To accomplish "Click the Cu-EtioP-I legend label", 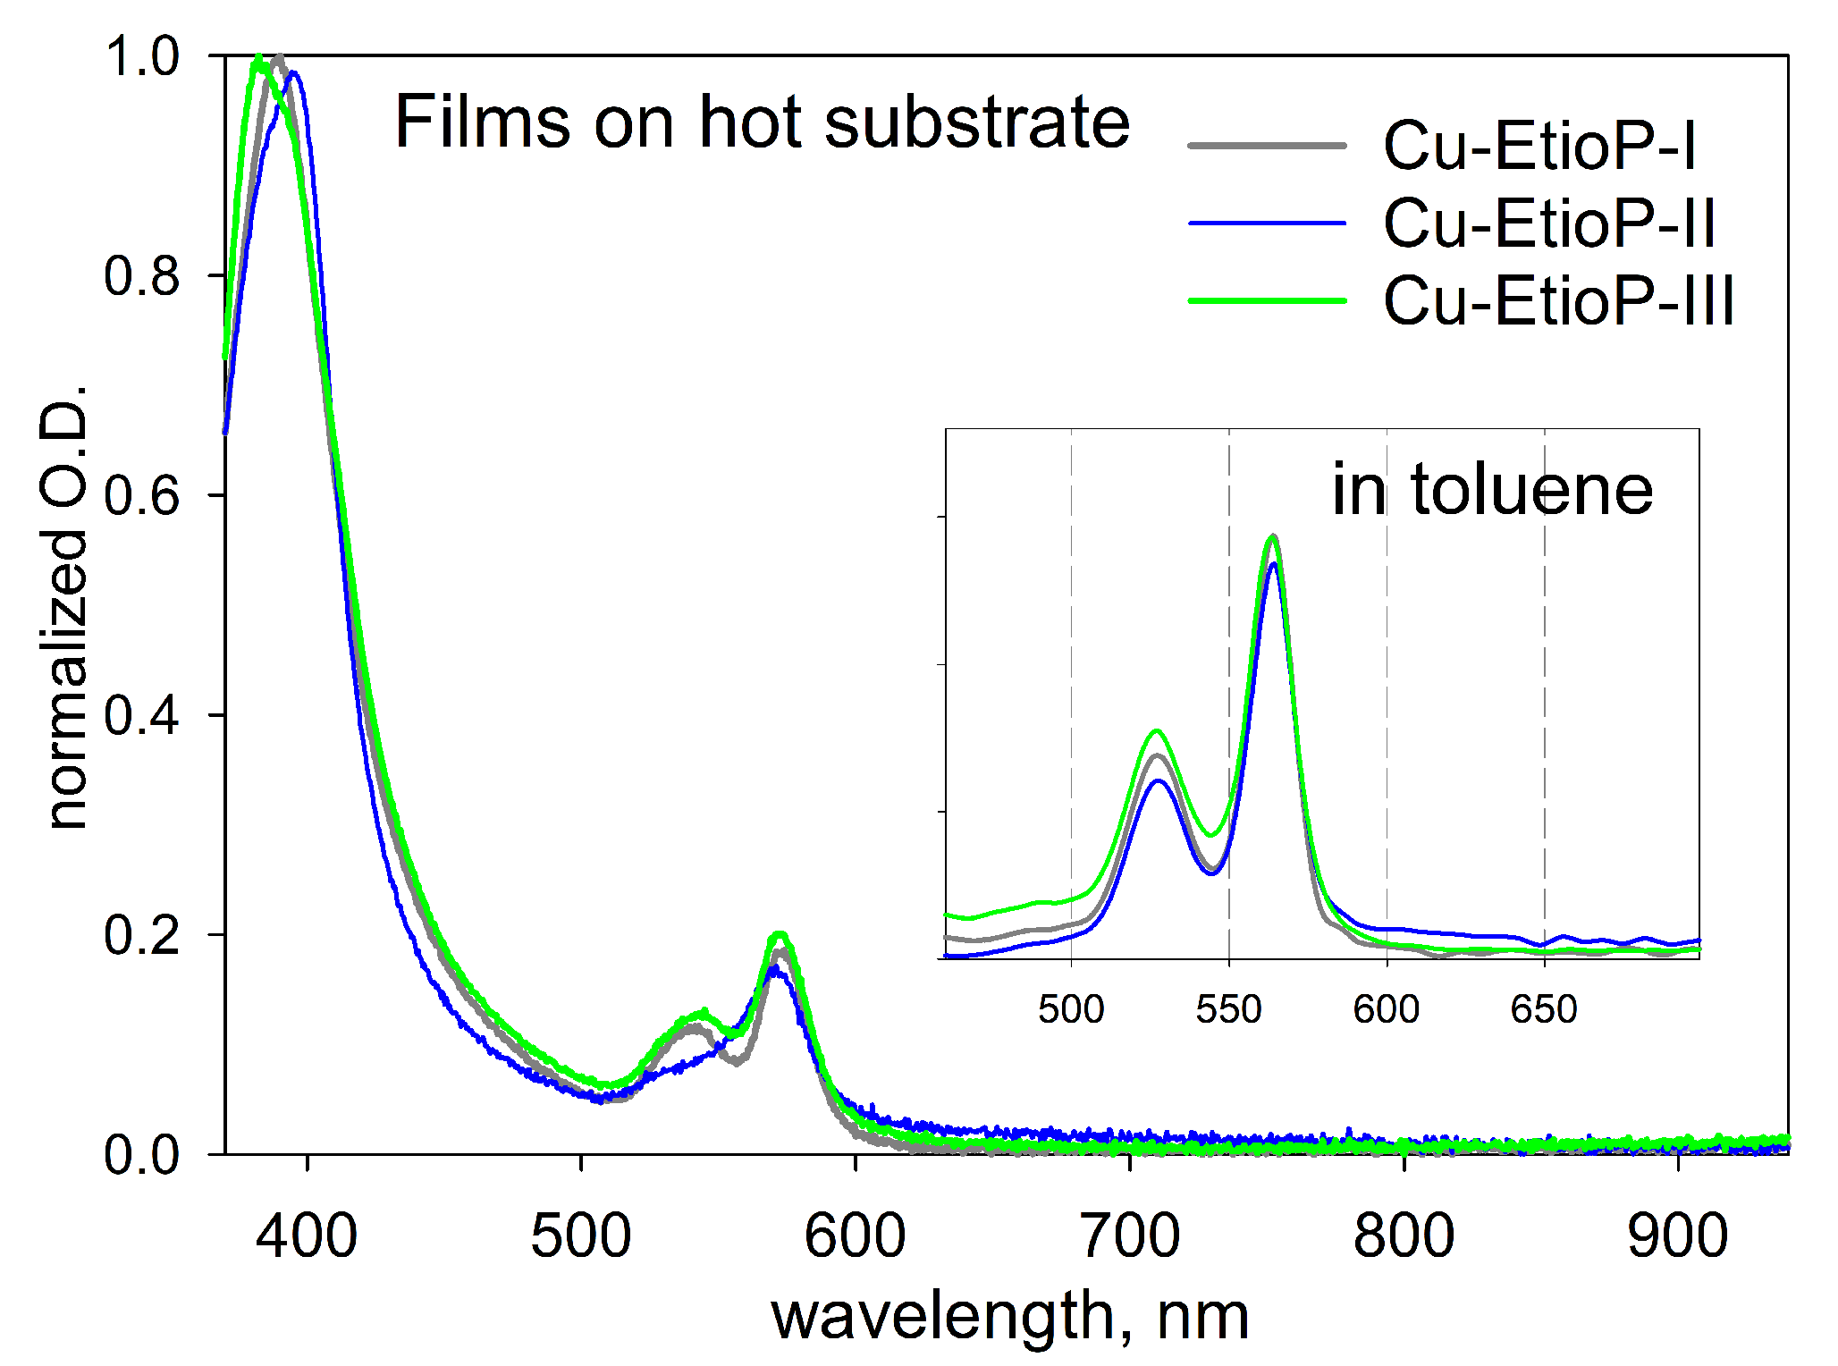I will click(x=1539, y=146).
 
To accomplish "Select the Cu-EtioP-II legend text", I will click(x=1548, y=223).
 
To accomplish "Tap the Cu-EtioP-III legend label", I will click(x=1558, y=301).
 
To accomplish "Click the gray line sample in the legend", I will click(x=1267, y=146).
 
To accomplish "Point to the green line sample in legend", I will click(x=1267, y=301).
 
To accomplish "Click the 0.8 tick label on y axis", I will click(x=141, y=276).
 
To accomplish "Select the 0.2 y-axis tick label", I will click(x=141, y=936).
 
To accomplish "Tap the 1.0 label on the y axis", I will click(x=141, y=56).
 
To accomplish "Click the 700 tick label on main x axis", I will click(x=1130, y=1236).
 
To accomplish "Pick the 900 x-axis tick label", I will click(x=1678, y=1236).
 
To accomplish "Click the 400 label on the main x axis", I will click(x=307, y=1236).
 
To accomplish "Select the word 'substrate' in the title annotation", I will click(x=976, y=122).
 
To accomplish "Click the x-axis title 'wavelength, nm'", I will click(x=1010, y=1316).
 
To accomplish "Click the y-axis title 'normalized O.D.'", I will click(x=64, y=608).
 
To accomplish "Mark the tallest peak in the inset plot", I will click(x=1273, y=536).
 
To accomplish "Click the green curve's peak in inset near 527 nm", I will click(x=1158, y=730).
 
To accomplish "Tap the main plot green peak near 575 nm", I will click(x=780, y=935).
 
